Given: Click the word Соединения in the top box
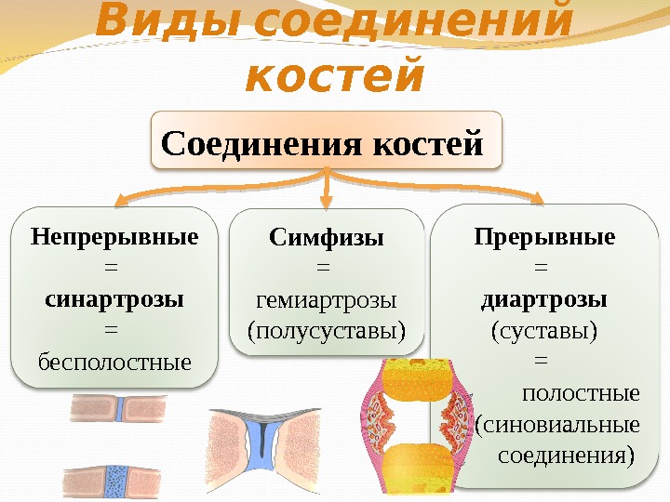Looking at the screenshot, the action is click(x=262, y=144).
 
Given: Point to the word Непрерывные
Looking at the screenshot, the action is click(x=114, y=236).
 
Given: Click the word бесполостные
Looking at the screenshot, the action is click(x=114, y=359).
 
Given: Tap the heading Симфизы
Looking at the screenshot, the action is click(x=326, y=238).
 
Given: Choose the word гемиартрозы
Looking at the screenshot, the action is click(x=326, y=299).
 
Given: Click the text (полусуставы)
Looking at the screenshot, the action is click(x=326, y=329).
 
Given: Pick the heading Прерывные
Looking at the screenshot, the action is click(x=544, y=236).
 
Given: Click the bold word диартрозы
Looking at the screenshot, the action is click(x=544, y=299).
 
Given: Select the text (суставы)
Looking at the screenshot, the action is click(x=544, y=329).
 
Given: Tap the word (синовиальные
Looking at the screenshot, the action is click(x=557, y=425).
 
